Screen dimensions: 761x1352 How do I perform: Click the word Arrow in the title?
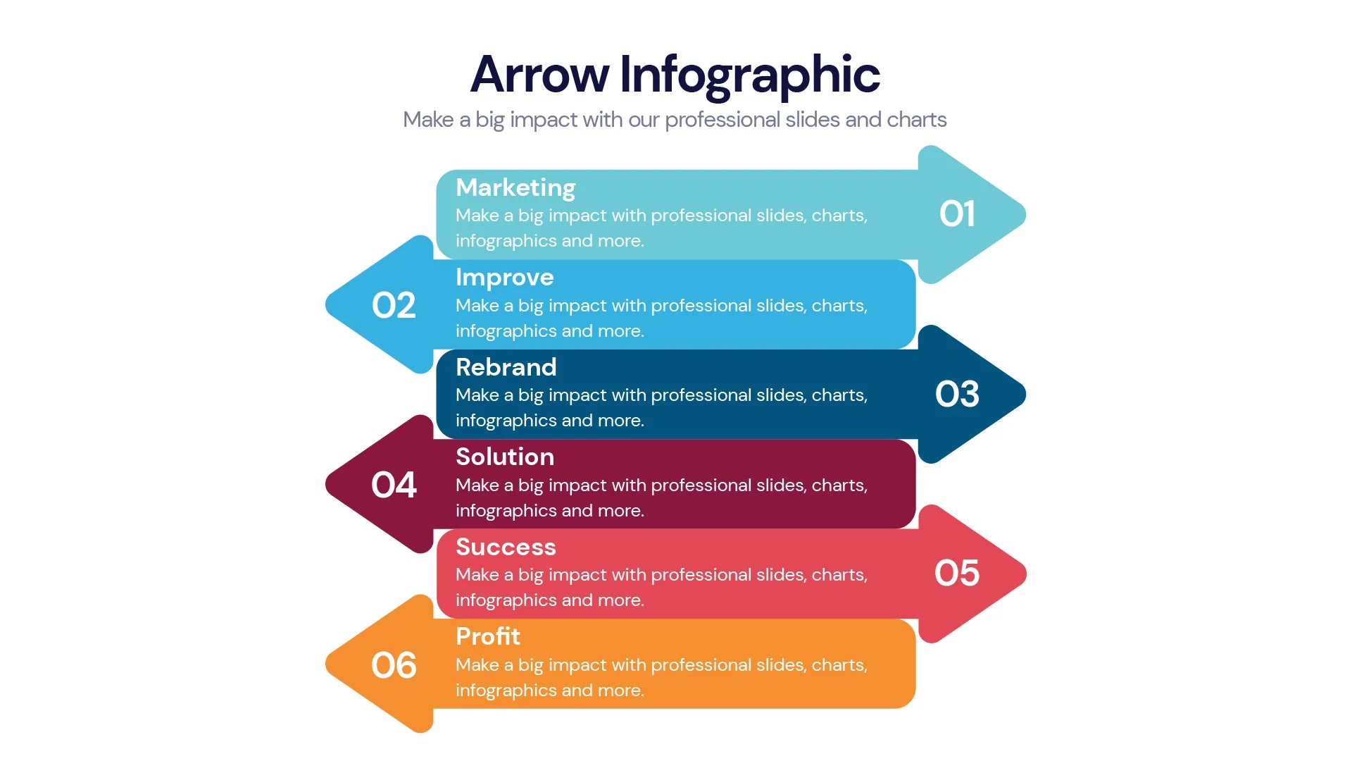coord(539,75)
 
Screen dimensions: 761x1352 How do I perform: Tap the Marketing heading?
coord(515,187)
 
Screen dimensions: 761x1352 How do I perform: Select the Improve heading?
coord(504,278)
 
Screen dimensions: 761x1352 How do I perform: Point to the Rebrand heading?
coord(506,367)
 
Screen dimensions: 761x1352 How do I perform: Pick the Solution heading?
coord(504,457)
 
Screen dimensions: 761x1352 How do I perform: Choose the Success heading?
coord(506,547)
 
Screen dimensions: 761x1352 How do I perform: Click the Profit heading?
coord(487,636)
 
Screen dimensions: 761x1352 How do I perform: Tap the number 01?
coord(957,214)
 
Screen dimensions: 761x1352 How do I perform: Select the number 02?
coord(394,305)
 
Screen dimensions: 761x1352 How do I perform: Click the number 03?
coord(957,394)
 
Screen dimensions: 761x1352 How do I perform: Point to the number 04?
coord(394,485)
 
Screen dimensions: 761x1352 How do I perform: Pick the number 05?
coord(957,573)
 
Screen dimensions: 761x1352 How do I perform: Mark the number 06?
coord(394,665)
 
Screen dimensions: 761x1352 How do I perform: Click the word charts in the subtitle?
coord(916,120)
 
